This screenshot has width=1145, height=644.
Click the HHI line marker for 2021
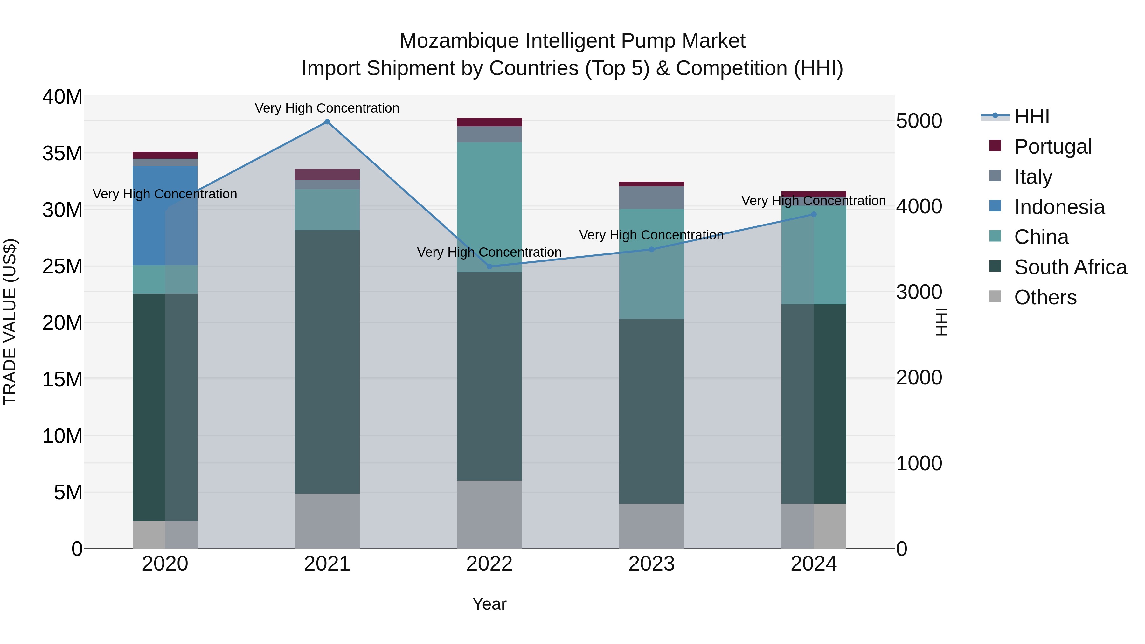point(327,122)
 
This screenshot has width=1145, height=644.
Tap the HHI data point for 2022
point(489,267)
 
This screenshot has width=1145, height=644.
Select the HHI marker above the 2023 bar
point(652,249)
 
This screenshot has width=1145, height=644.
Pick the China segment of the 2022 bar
point(489,207)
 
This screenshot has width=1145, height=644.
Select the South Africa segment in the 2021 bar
point(327,362)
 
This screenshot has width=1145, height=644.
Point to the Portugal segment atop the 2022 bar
point(489,122)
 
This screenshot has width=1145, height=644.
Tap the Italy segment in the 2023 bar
point(652,198)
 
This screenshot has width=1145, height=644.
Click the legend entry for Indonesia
point(1059,207)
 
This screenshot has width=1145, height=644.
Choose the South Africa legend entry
point(1070,267)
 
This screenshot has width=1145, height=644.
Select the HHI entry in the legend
point(1031,116)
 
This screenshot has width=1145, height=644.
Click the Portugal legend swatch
point(995,146)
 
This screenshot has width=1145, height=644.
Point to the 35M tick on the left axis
point(62,153)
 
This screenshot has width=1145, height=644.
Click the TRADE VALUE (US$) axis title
point(10,322)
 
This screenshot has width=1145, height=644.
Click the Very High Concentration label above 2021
point(327,108)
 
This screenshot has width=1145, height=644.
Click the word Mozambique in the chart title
point(459,41)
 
